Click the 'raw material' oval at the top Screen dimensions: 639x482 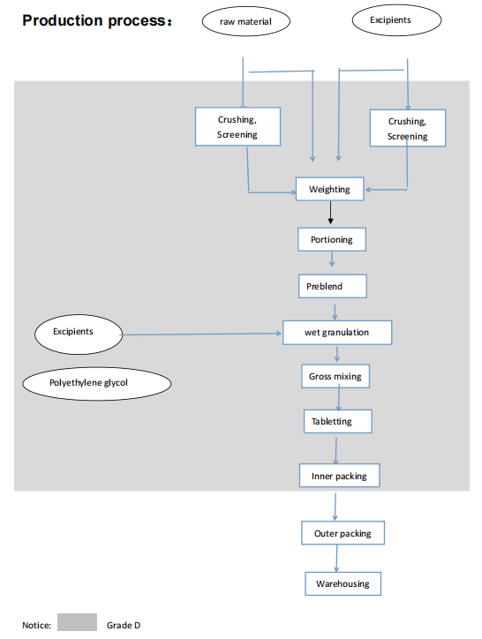pos(245,21)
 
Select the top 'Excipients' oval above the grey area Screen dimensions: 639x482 pos(389,19)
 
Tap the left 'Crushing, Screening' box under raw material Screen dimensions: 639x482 pos(237,127)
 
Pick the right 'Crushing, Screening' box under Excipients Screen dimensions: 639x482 pos(407,129)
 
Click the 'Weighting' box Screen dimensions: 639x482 pos(329,189)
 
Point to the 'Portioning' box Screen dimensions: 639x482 pos(331,239)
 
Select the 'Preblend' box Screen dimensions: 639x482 pos(331,287)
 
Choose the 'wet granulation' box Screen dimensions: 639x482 pos(336,333)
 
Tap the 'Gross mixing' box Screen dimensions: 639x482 pos(335,377)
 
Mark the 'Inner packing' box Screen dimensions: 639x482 pos(338,477)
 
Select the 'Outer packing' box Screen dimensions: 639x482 pos(343,534)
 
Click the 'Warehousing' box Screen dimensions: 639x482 pos(343,584)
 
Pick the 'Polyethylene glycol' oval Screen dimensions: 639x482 pos(96,383)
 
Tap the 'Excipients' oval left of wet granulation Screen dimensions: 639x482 pos(79,333)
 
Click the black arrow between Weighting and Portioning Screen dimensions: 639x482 pos(330,213)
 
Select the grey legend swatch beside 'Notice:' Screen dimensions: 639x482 pos(77,622)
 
